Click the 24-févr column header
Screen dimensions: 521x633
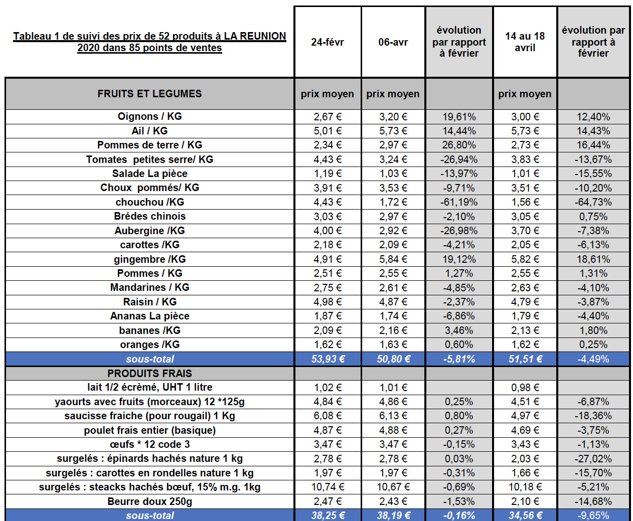(x=327, y=42)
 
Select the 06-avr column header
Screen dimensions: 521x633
(x=393, y=42)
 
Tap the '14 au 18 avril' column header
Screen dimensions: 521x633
(x=525, y=42)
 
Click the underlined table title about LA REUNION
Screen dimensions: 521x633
(x=149, y=42)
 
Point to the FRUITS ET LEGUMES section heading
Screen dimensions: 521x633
(x=149, y=94)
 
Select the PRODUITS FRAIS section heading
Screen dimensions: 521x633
(x=149, y=374)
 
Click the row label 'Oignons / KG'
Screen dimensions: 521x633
(x=149, y=116)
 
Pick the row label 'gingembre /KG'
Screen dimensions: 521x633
(x=149, y=259)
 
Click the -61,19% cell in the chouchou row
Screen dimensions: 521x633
(x=459, y=202)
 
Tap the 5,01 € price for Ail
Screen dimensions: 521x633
(x=327, y=131)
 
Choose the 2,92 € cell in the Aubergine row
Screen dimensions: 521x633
(x=393, y=231)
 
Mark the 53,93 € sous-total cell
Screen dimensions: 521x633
(x=327, y=359)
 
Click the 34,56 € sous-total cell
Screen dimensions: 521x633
(x=525, y=515)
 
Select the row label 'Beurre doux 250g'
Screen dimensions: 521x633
(x=149, y=501)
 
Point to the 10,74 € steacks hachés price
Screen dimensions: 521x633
(x=327, y=487)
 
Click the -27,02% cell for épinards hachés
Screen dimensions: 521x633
(x=593, y=459)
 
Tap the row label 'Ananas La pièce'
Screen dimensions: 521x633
(x=149, y=316)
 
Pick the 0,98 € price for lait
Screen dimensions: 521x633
(x=525, y=388)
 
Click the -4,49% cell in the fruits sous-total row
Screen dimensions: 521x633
(x=593, y=359)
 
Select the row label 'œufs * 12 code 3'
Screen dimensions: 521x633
(x=149, y=444)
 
